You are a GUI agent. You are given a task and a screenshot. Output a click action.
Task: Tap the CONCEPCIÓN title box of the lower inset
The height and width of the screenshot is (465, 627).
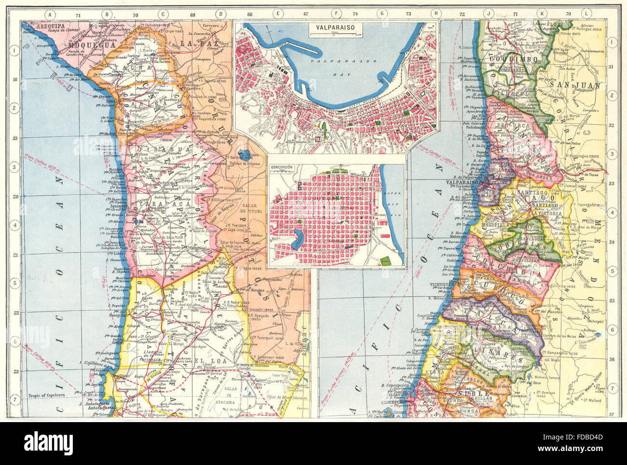point(283,168)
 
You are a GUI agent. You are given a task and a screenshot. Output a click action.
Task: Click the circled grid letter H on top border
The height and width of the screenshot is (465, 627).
point(436,14)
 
